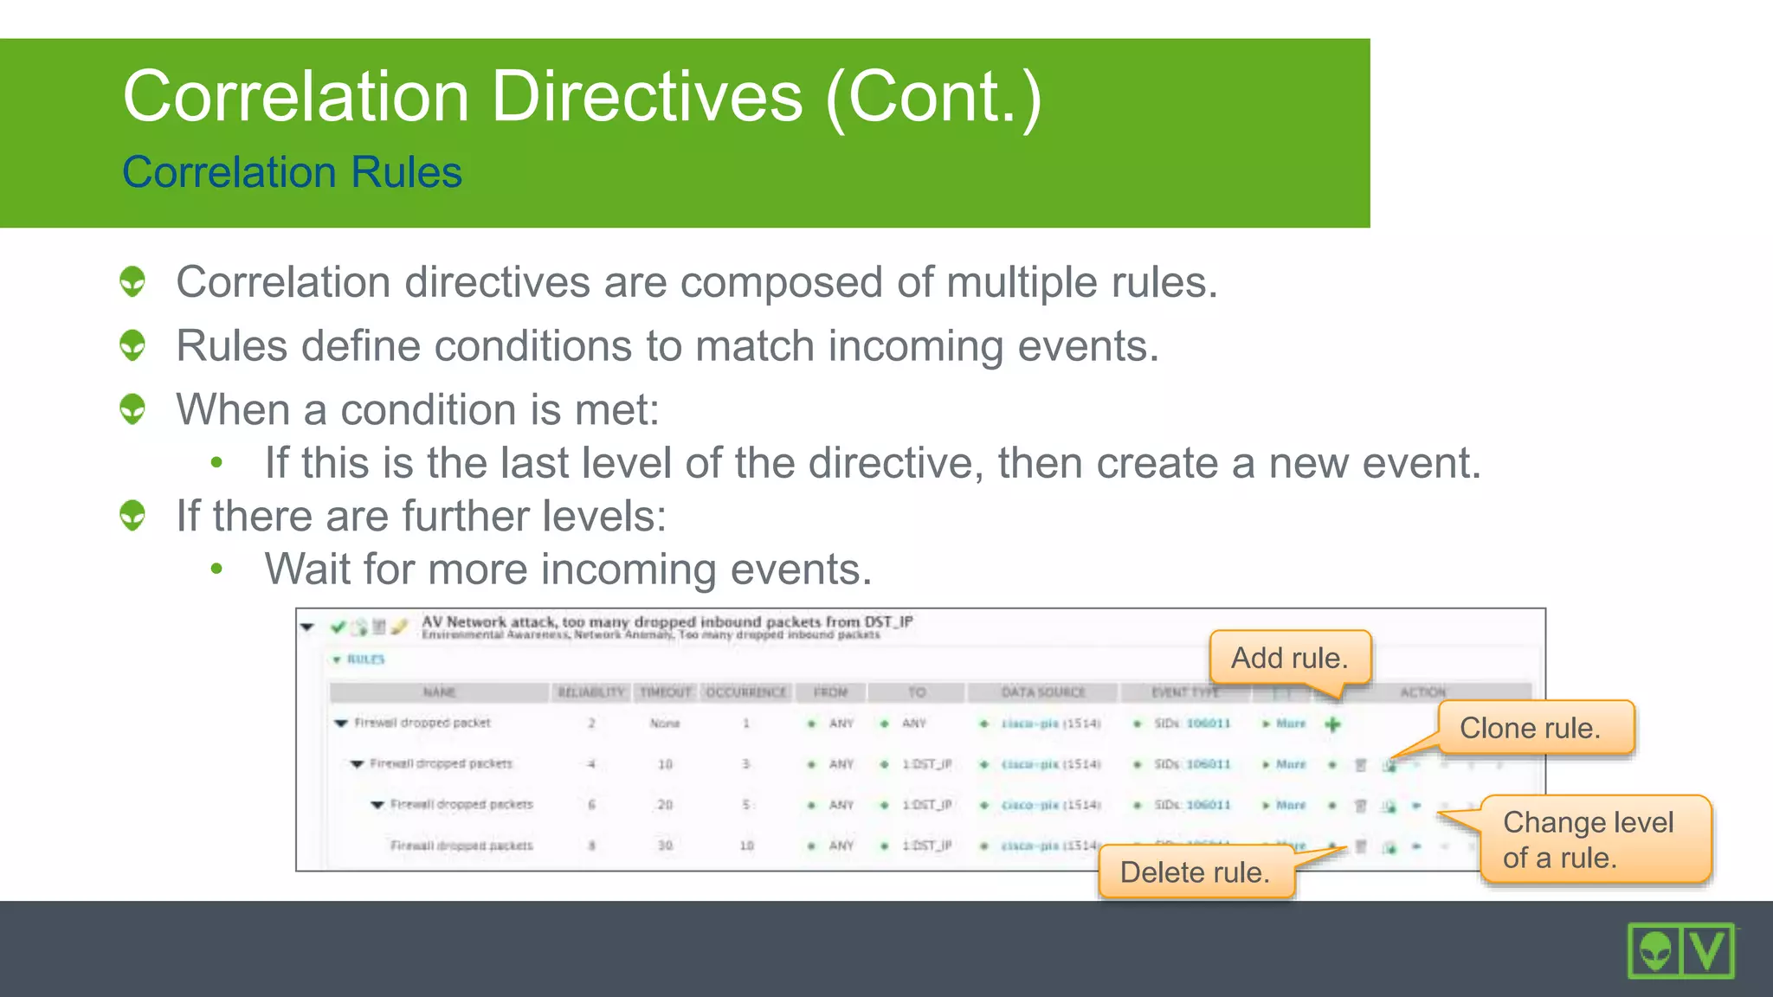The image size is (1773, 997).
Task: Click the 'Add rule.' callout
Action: (x=1290, y=658)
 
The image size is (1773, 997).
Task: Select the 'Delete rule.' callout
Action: (x=1196, y=872)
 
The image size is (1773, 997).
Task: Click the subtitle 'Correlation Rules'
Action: (x=292, y=171)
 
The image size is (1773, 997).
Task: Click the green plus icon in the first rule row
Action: (x=1332, y=724)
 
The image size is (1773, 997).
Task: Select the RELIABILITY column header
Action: (x=590, y=692)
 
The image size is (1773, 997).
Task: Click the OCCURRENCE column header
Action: (x=746, y=692)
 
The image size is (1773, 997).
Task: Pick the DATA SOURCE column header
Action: (x=1042, y=692)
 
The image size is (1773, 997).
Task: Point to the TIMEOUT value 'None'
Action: (x=665, y=724)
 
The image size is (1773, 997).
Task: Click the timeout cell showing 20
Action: (x=665, y=805)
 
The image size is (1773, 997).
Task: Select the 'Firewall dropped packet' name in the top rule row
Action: (x=422, y=723)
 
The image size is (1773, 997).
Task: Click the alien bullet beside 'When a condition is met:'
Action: (x=132, y=408)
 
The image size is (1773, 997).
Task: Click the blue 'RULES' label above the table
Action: (x=365, y=659)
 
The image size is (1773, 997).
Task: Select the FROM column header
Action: (x=830, y=692)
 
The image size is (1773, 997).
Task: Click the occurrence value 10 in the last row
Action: (x=746, y=846)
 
